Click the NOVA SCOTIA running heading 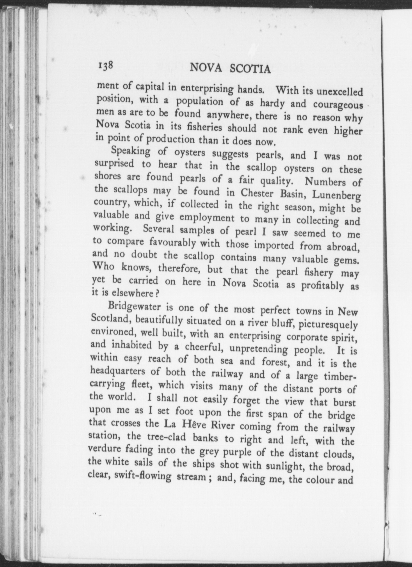click(230, 69)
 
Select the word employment click(207, 218)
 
